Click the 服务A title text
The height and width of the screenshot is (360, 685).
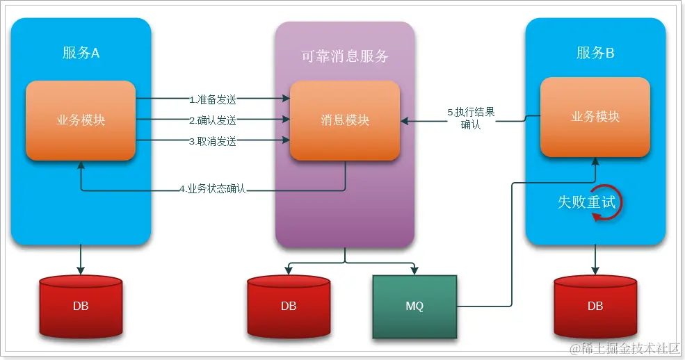pos(81,53)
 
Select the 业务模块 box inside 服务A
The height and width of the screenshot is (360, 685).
pos(81,120)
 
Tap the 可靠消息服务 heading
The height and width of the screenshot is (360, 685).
pos(344,57)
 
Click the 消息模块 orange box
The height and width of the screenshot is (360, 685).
pos(345,120)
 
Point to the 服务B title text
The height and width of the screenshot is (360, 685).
pos(595,53)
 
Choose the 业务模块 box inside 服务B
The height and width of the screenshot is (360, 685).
pos(595,116)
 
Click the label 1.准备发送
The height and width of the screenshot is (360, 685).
pos(213,99)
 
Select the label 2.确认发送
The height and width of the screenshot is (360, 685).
pos(213,120)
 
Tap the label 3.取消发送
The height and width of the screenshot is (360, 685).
pos(213,141)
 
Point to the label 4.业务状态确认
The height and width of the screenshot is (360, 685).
pos(213,189)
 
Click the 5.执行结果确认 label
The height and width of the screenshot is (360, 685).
pos(471,118)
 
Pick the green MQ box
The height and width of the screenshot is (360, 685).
pos(414,306)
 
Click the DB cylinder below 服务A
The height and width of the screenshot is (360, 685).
pos(81,306)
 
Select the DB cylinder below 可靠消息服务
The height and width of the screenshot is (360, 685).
pos(289,306)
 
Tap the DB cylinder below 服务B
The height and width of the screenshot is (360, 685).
pos(595,306)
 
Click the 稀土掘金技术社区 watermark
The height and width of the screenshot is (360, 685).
pos(622,347)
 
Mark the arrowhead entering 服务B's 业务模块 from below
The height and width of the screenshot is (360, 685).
pos(595,161)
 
